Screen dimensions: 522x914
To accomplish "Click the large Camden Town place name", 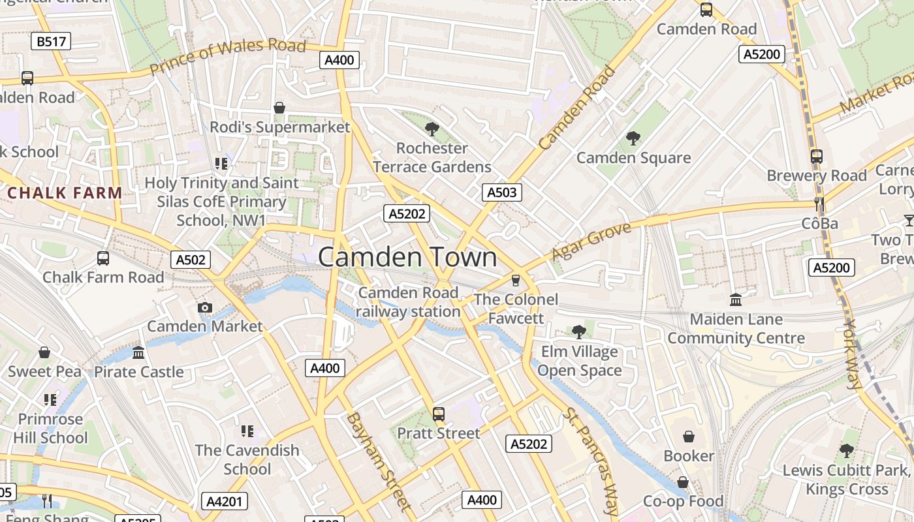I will pos(407,257).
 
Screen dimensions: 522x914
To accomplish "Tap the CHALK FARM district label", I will pos(65,193).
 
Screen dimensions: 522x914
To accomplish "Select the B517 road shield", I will pos(51,42).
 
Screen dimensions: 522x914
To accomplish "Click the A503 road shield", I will pos(502,192).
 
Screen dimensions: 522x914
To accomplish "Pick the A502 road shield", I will pos(191,260).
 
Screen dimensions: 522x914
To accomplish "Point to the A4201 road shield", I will pos(224,501).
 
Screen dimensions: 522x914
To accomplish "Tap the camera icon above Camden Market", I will pos(204,307).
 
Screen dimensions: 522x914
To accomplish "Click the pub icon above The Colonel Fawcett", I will pos(516,281).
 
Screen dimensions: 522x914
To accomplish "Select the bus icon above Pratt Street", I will pos(439,414).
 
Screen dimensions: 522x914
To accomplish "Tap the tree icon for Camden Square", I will pos(633,138).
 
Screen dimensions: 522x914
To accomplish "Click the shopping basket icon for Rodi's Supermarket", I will pos(279,108).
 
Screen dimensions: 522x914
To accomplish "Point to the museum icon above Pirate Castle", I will pos(138,353).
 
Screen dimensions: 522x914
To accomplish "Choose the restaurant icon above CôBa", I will pos(819,204).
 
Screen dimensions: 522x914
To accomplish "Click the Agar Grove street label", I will pos(591,241).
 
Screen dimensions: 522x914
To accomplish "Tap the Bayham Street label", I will pos(379,461).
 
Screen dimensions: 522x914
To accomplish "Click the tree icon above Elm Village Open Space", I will pos(578,332).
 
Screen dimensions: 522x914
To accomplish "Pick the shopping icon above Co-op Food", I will pos(683,482).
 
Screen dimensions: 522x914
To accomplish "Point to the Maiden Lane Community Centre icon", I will pos(736,300).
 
